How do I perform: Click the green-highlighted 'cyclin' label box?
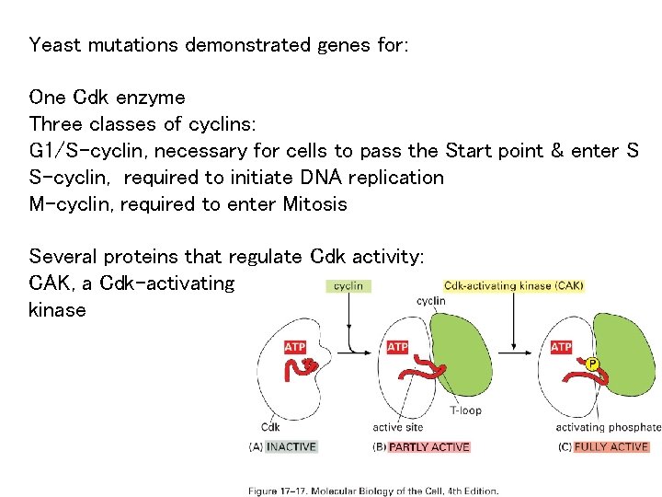tap(348, 286)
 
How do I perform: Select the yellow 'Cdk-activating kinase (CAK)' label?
tap(513, 285)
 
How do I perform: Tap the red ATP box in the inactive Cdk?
tap(294, 347)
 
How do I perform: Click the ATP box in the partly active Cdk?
tap(397, 347)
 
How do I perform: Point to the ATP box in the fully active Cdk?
tap(561, 347)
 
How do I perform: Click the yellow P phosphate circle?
tap(593, 364)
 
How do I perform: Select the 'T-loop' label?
tap(465, 410)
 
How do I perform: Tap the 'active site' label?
tap(399, 427)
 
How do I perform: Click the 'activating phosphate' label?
tap(608, 427)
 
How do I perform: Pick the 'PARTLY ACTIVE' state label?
tap(428, 447)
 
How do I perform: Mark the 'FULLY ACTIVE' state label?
tap(611, 447)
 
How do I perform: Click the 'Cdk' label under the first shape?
tap(270, 427)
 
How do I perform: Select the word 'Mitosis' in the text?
tap(315, 203)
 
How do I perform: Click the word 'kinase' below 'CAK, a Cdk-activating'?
tap(57, 310)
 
